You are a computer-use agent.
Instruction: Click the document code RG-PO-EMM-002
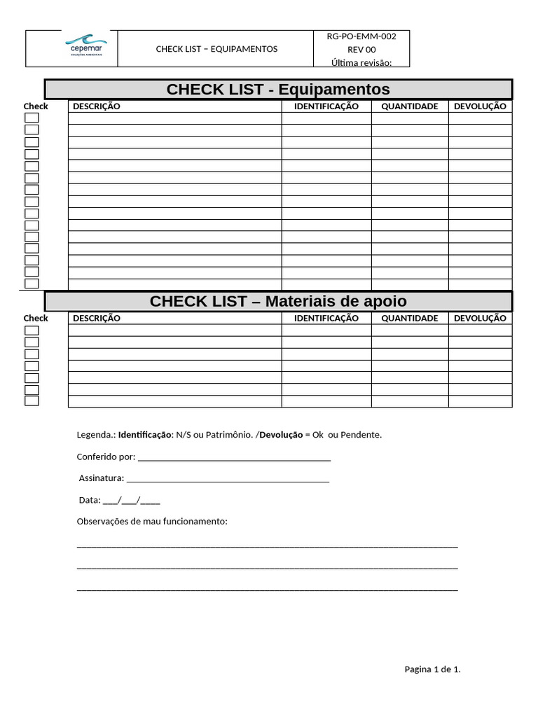click(361, 36)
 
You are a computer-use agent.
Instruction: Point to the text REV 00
click(361, 50)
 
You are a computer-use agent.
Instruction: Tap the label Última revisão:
click(361, 63)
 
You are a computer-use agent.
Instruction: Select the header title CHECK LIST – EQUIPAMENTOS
click(216, 49)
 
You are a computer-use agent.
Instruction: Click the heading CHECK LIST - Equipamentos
click(278, 90)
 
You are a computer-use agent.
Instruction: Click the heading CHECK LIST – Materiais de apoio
click(278, 301)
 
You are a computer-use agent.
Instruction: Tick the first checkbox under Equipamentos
click(32, 118)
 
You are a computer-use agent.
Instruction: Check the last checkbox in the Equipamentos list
click(32, 284)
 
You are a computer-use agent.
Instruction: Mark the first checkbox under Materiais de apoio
click(32, 330)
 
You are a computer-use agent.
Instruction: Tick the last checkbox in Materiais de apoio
click(32, 401)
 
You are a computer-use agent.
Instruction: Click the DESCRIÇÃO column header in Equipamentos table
click(97, 106)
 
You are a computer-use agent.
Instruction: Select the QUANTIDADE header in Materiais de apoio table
click(410, 318)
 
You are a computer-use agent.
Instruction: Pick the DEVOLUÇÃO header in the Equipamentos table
click(480, 106)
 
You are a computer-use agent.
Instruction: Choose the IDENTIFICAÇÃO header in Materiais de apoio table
click(326, 318)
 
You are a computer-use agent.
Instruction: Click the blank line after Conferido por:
click(234, 457)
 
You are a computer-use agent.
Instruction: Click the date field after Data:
click(131, 501)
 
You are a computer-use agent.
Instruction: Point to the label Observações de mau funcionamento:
click(152, 522)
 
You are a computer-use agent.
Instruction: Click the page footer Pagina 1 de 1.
click(432, 669)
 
